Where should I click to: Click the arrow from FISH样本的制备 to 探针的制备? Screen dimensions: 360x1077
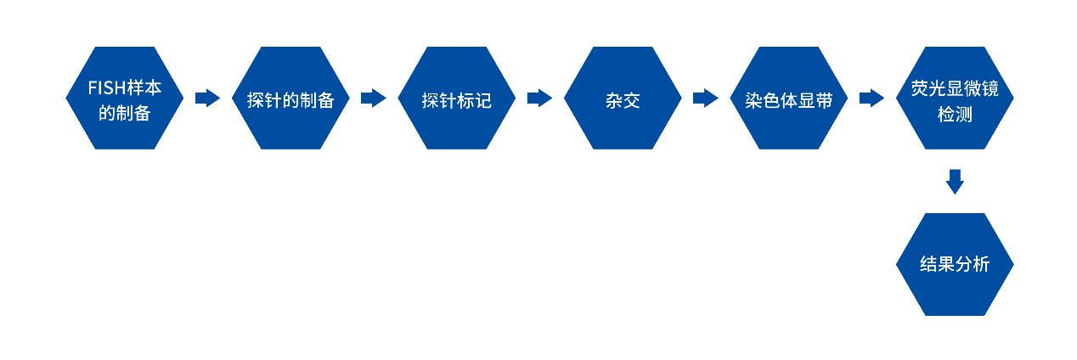click(207, 98)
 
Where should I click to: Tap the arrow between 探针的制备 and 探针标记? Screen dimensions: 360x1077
click(374, 98)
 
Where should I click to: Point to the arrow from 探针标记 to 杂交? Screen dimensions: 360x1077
click(539, 98)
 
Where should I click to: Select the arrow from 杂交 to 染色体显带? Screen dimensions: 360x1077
click(706, 98)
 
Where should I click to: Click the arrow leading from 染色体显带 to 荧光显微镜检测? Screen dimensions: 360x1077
click(871, 98)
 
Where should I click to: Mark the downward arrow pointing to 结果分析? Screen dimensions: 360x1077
click(955, 181)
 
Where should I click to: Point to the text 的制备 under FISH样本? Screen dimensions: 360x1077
click(125, 113)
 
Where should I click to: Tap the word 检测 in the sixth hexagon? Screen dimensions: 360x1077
click(955, 113)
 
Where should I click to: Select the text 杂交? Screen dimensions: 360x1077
click(623, 100)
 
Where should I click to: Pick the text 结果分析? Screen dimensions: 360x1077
click(955, 265)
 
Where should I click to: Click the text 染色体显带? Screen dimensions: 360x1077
click(789, 100)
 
